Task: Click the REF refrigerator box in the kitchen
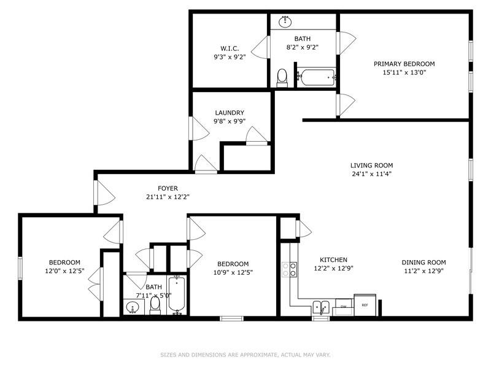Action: (x=365, y=305)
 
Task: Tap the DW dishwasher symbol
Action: (x=344, y=306)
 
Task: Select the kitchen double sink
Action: (x=321, y=306)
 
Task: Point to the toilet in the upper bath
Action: (x=282, y=77)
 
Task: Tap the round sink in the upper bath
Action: (x=285, y=21)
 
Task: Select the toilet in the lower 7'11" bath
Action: (x=155, y=304)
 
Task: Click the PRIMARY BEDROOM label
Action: (x=404, y=64)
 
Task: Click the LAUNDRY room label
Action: (x=229, y=113)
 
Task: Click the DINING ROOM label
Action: (x=423, y=260)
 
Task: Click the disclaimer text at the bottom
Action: (x=245, y=355)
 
